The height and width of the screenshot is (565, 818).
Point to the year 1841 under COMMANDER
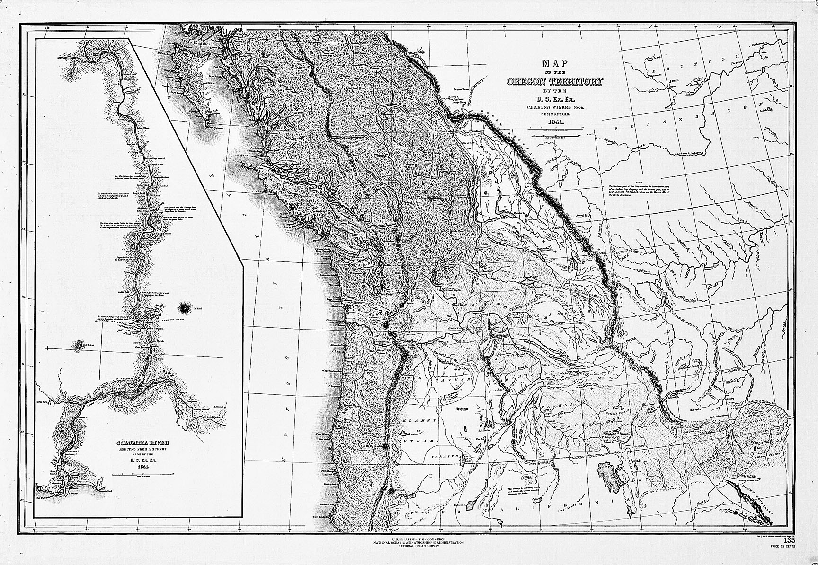[x=554, y=123]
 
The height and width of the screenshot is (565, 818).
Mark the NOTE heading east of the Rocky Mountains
[x=639, y=182]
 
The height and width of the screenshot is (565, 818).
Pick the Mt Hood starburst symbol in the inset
[x=182, y=309]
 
